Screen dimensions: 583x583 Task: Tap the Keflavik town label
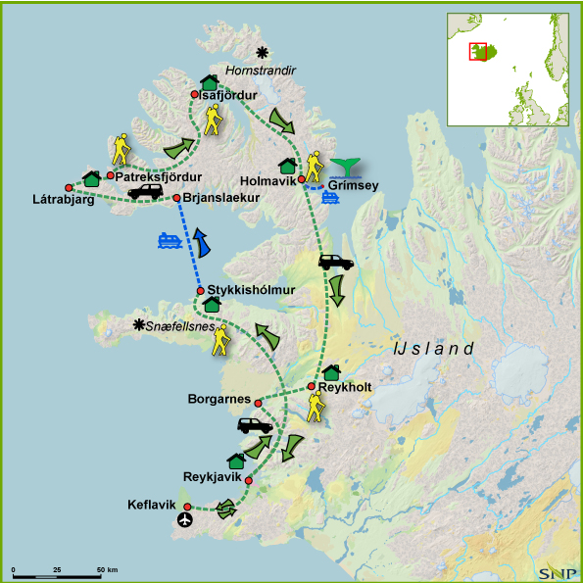(152, 506)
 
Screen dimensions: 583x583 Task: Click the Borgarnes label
(218, 400)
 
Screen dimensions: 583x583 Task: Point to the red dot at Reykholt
(311, 386)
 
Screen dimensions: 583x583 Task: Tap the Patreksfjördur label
(159, 176)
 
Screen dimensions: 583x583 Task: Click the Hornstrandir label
(260, 72)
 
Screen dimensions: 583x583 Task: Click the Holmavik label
(266, 181)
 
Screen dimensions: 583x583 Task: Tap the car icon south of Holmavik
(335, 262)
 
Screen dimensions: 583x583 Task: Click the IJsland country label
(432, 348)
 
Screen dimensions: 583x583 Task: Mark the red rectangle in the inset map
(478, 51)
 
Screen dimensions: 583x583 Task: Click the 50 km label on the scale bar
(107, 569)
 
